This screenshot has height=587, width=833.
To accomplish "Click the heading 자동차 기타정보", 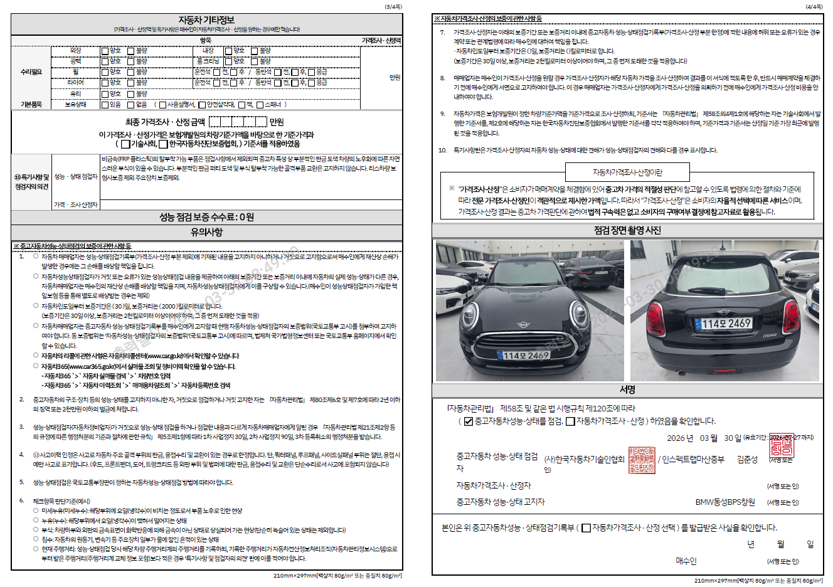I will point(206,20).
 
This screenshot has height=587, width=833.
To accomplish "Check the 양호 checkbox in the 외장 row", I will point(105,51).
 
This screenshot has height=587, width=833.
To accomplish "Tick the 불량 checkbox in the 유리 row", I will point(131,93).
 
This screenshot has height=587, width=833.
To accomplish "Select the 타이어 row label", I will point(75,83).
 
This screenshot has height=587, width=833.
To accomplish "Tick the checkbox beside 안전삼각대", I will point(202,105).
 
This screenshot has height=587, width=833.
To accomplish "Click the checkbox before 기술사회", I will point(125,144).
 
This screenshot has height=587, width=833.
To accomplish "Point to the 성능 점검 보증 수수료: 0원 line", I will point(206,217).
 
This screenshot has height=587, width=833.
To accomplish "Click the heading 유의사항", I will point(206,232).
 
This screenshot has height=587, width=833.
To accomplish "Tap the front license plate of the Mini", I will point(526,356).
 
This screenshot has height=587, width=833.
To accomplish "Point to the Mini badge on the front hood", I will point(523,324).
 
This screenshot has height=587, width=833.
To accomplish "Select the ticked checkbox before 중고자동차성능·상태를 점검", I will point(468,421).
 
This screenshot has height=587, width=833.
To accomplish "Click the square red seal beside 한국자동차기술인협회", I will point(641,460).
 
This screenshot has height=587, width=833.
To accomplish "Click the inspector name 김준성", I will point(747,460).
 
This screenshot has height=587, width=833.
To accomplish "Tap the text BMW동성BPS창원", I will point(725,502).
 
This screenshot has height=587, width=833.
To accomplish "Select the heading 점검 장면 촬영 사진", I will point(627,230).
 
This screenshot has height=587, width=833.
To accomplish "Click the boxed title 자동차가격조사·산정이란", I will point(627,172).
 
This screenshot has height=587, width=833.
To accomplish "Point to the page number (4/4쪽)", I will point(814,6).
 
